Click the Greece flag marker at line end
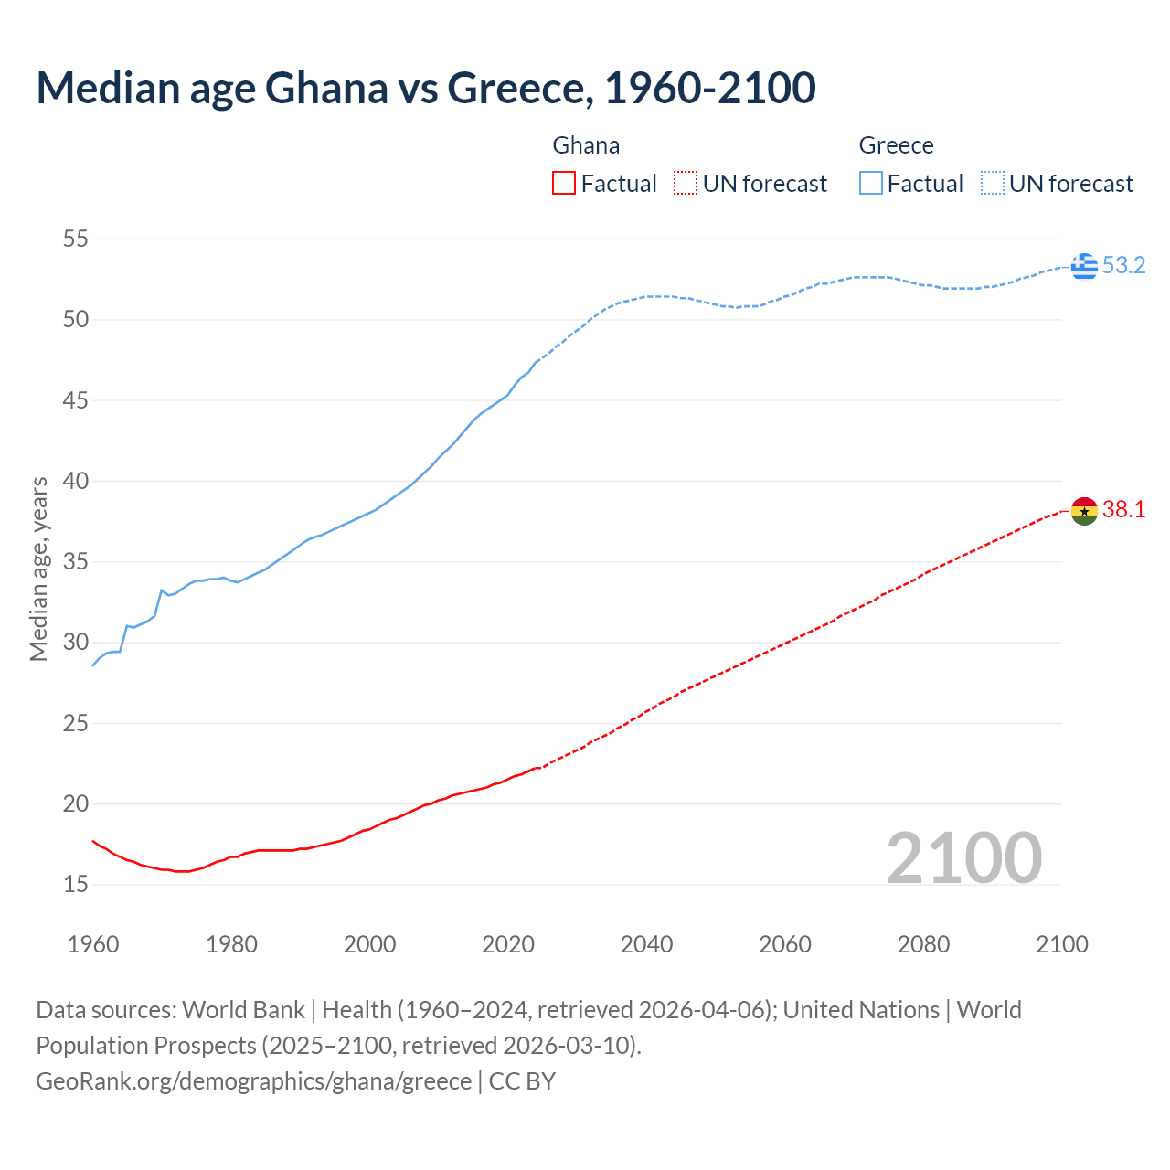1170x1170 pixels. click(x=1084, y=266)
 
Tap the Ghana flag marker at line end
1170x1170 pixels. click(x=1084, y=511)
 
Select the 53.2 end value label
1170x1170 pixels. click(x=1123, y=266)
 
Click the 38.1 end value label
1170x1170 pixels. click(x=1123, y=510)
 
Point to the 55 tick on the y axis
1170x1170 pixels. click(x=75, y=239)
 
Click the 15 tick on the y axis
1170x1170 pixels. click(x=75, y=885)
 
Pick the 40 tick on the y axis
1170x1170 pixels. click(x=75, y=481)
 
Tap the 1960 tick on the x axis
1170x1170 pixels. click(x=93, y=944)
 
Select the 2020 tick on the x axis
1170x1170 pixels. click(x=508, y=944)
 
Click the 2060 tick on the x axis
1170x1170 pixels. click(x=785, y=944)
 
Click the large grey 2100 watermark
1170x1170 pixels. click(x=964, y=858)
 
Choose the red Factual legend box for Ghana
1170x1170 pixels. click(x=564, y=184)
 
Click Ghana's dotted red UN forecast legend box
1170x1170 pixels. click(x=686, y=184)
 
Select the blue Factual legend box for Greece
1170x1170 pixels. click(x=871, y=184)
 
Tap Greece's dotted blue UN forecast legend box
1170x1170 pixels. click(x=993, y=184)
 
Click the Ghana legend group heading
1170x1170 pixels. click(x=586, y=145)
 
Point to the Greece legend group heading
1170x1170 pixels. click(x=896, y=145)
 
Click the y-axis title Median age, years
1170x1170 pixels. click(x=38, y=569)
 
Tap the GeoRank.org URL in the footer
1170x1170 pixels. click(x=253, y=1081)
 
